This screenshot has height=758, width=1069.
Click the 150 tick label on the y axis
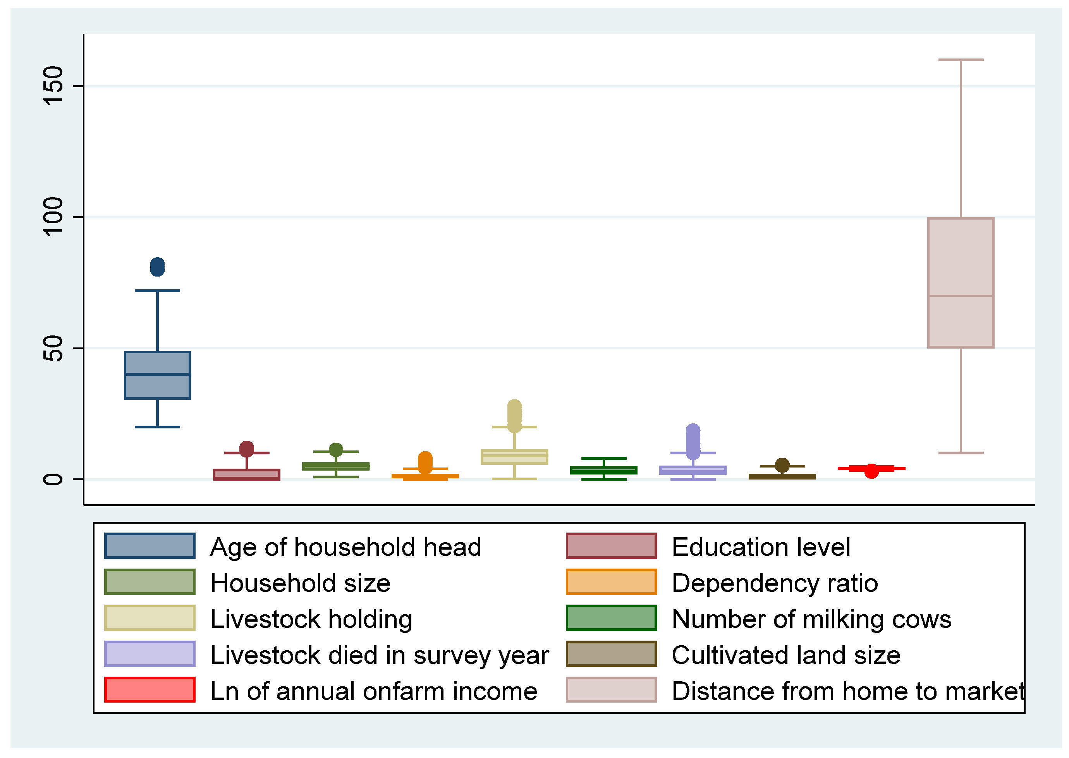53,86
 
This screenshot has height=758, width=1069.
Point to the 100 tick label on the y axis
53,217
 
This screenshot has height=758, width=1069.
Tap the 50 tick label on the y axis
53,348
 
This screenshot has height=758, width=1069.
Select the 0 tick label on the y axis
53,480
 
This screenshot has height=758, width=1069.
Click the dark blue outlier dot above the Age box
157,267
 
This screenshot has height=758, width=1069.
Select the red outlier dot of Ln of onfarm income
871,471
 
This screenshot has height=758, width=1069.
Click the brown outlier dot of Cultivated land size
782,465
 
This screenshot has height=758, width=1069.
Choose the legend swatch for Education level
611,546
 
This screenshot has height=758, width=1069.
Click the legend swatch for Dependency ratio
611,582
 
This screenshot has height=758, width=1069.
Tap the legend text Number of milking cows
811,619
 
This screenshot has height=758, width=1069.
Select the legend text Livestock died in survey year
379,655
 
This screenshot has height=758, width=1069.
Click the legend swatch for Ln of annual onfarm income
150,690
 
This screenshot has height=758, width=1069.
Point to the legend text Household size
300,583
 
